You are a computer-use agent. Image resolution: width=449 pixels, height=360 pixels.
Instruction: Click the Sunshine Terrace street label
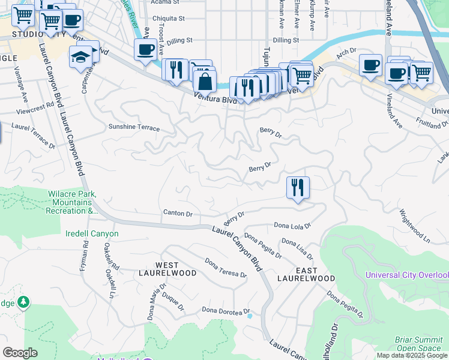pyautogui.click(x=134, y=128)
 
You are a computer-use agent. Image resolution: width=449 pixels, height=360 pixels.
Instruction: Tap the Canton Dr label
pyautogui.click(x=178, y=213)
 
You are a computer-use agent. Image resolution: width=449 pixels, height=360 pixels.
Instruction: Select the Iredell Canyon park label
pyautogui.click(x=92, y=233)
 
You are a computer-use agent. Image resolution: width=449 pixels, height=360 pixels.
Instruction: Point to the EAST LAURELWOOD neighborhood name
pyautogui.click(x=306, y=274)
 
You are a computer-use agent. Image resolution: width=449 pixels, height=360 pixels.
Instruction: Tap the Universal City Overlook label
pyautogui.click(x=407, y=275)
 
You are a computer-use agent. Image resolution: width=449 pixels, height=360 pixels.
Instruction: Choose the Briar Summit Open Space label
pyautogui.click(x=418, y=344)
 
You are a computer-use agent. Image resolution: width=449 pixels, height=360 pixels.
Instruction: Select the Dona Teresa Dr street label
pyautogui.click(x=226, y=268)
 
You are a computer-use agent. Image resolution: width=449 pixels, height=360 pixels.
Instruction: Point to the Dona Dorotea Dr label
pyautogui.click(x=224, y=310)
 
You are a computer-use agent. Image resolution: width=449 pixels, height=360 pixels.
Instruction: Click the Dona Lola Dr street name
pyautogui.click(x=292, y=226)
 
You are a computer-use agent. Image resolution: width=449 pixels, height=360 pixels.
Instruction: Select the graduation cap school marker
pyautogui.click(x=80, y=58)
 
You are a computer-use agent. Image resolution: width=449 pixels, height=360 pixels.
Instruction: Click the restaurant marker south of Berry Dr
pyautogui.click(x=298, y=187)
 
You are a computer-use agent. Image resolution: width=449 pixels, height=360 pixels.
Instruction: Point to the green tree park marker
pyautogui.click(x=23, y=301)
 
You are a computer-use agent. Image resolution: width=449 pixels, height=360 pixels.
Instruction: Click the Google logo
pyautogui.click(x=20, y=353)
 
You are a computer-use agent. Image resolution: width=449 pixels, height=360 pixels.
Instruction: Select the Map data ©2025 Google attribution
pyautogui.click(x=412, y=355)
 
